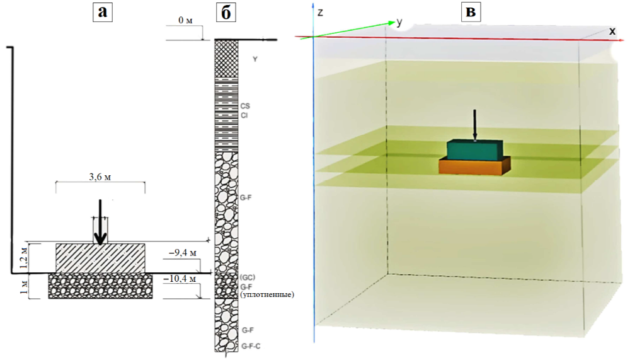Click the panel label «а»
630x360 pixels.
(102, 12)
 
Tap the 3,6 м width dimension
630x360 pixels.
(101, 177)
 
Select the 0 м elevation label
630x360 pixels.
(185, 21)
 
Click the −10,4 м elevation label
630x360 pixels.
(179, 277)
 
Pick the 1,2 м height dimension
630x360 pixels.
(24, 258)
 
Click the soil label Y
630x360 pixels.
(255, 59)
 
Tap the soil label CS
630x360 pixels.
(246, 107)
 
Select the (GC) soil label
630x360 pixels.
(246, 278)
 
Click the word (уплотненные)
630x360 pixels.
(266, 294)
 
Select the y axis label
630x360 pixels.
(399, 22)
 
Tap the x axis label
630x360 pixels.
(612, 31)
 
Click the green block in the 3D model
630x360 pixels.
(474, 150)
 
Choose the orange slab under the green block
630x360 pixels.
(474, 166)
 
